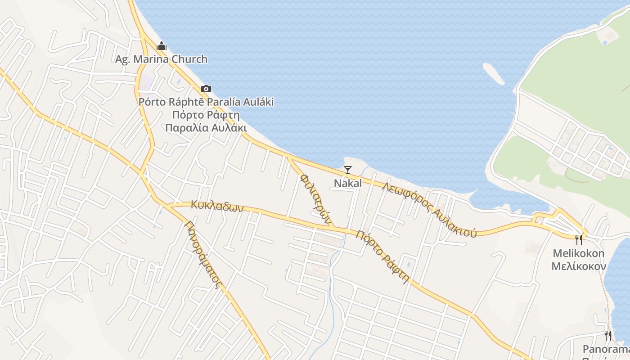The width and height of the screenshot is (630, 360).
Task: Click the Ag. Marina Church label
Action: [161, 59]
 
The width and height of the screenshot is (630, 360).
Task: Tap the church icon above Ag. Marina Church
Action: [161, 46]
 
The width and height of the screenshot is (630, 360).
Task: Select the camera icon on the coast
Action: [206, 89]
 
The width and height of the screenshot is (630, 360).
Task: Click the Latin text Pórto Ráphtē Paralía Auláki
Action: [206, 102]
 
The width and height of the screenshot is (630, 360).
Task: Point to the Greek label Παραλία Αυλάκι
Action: [206, 127]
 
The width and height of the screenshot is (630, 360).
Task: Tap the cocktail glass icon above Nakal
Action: [347, 170]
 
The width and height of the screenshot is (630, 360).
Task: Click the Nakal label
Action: [347, 183]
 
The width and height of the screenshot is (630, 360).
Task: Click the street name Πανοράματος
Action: [204, 255]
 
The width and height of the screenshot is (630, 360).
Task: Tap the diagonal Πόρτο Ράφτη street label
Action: [382, 256]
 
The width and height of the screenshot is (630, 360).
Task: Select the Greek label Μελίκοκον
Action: [579, 266]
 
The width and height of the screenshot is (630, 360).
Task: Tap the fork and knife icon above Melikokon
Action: [579, 239]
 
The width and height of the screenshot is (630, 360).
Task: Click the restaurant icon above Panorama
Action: [607, 335]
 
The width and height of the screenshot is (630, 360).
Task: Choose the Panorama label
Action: [606, 349]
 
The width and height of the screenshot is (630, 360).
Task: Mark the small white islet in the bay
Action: [494, 74]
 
